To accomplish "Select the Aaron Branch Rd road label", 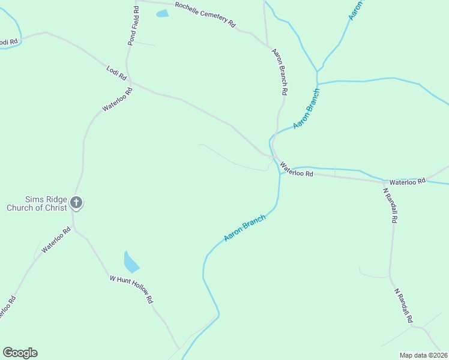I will coord(280,72).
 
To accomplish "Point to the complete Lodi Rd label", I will coord(116,74).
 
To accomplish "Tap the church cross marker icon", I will coord(76,203).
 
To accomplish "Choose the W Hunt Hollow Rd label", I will coord(131,289).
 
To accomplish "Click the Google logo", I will coord(20,353).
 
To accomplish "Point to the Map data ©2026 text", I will coord(423,355).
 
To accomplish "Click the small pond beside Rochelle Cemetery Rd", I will coord(162,13).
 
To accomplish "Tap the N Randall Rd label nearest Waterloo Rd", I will coord(390,205).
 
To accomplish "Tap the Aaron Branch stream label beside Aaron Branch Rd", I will coord(307,109).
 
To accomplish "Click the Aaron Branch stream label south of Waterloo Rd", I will coord(244,229).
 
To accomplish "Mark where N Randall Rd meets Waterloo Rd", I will coord(383,181).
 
